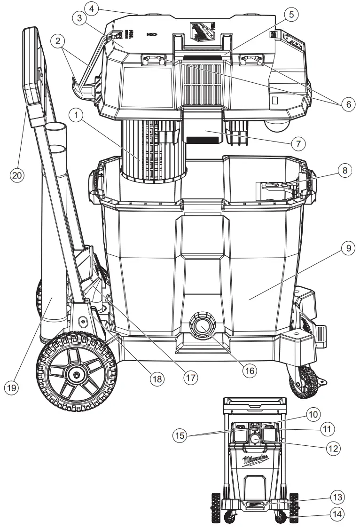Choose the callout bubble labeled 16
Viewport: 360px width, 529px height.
(250, 370)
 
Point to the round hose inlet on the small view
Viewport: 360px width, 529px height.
(255, 439)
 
